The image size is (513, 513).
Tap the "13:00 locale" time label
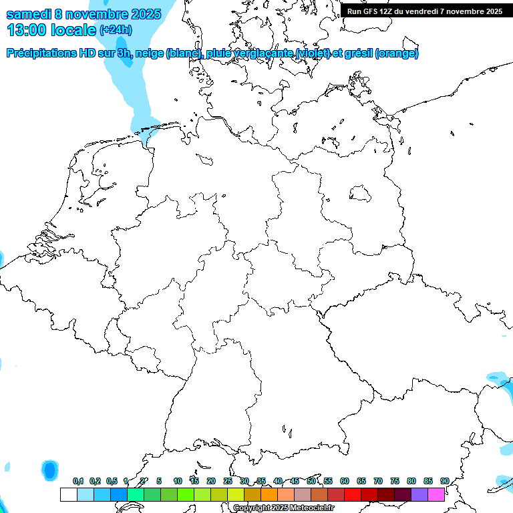coord(51,30)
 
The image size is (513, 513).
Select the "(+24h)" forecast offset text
coord(116,30)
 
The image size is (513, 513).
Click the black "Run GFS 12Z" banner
coord(425,11)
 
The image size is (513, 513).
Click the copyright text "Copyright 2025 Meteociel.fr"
coord(284,508)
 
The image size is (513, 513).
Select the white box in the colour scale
coord(68,494)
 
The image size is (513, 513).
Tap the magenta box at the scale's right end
coord(436,494)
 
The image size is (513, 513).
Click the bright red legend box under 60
coord(353,494)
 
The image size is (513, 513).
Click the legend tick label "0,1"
coord(78,481)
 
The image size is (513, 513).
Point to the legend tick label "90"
coord(444,481)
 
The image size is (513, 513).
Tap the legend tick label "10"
coord(177,481)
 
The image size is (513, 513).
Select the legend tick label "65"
coord(361,481)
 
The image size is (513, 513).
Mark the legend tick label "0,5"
coord(112,481)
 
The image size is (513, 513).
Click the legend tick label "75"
coord(395,481)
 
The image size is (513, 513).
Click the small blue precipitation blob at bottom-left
coord(50,470)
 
